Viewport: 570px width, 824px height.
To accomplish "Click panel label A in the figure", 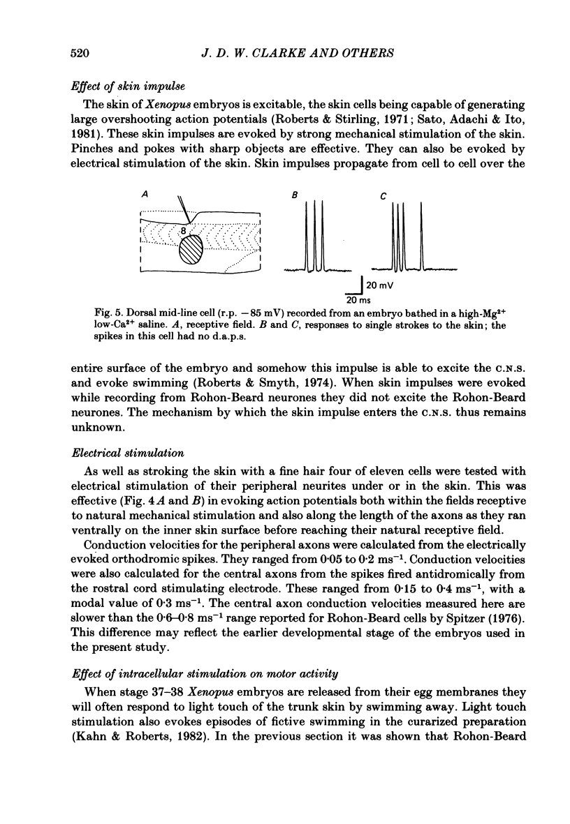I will [x=144, y=197].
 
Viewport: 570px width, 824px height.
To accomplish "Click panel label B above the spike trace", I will [x=295, y=197].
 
